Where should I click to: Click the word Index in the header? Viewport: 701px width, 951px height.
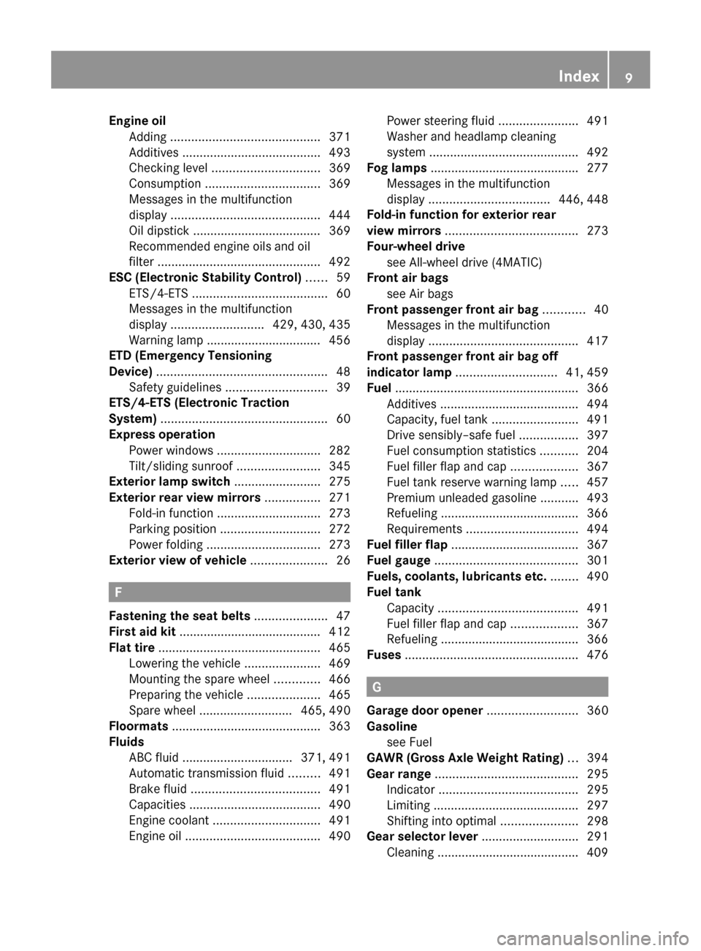[578, 76]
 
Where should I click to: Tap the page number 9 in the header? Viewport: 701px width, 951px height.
[629, 77]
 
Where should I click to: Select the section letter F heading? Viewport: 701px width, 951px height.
[117, 592]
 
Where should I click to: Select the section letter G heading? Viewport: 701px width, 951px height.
[375, 687]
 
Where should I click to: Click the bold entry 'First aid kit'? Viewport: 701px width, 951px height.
[142, 632]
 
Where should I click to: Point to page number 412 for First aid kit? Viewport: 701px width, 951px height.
[340, 632]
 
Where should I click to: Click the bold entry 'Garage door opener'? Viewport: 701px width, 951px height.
[424, 711]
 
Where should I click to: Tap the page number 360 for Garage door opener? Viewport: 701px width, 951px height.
[597, 711]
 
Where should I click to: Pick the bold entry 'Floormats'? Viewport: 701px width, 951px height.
[139, 726]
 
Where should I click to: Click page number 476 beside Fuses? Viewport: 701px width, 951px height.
[597, 655]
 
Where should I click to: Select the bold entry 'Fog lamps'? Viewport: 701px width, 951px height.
[397, 168]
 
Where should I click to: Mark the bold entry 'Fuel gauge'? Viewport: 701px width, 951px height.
[399, 560]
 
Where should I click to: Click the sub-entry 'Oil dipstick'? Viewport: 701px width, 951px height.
[158, 231]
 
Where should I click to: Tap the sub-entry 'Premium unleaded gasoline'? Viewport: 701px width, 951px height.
[461, 498]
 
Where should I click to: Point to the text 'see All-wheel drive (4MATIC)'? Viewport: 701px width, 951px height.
[464, 262]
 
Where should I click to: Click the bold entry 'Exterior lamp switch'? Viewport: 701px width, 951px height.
[169, 482]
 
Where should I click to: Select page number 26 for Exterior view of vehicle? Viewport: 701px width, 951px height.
[343, 561]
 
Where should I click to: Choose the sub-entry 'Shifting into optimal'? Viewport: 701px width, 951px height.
[442, 821]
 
